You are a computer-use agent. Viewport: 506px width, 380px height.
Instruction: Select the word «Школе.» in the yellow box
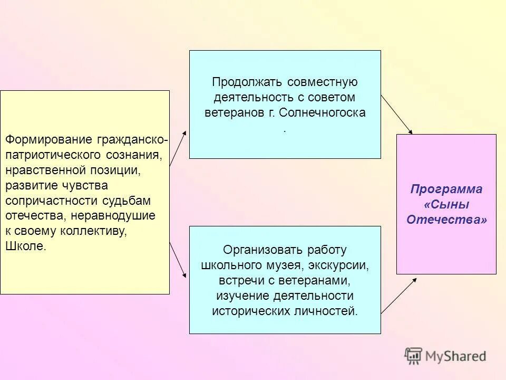pos(26,246)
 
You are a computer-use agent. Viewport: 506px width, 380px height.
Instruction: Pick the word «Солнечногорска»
pos(322,112)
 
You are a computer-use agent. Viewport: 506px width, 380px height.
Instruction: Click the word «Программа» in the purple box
pos(446,189)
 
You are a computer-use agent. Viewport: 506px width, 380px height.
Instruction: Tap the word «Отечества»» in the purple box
pos(446,220)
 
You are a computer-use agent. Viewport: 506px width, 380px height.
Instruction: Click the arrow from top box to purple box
pos(396,115)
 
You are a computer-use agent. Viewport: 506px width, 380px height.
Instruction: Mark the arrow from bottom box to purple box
pos(398,296)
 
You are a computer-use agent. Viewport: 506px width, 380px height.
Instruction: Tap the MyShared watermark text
pos(456,356)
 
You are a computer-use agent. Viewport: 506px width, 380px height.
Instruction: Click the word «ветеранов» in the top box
pos(228,112)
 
